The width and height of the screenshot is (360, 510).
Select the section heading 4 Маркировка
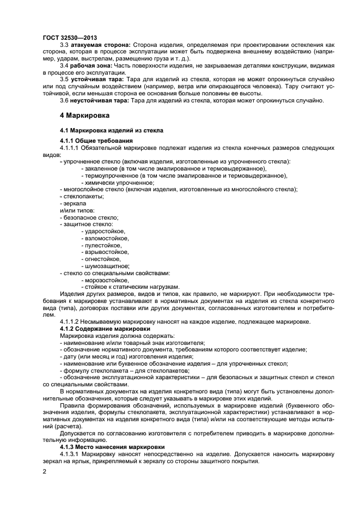click(84, 116)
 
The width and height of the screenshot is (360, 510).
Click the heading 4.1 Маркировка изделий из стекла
click(111, 131)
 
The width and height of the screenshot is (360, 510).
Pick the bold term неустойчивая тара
click(96, 101)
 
